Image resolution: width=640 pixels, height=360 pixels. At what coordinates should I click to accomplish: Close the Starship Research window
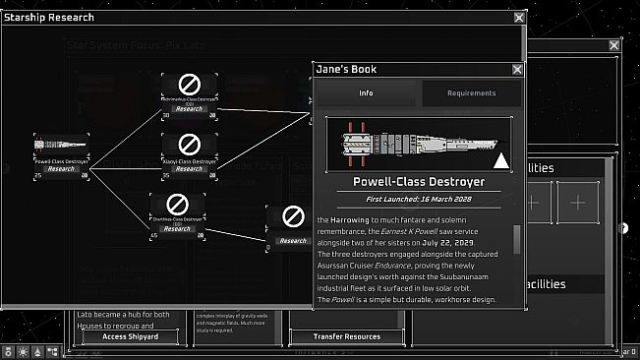pos(519,17)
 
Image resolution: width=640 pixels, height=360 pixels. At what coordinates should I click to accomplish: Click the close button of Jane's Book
pos(517,70)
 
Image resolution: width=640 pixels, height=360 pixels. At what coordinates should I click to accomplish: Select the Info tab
pos(366,93)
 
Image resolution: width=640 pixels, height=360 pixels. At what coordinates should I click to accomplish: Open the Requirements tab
pos(471,93)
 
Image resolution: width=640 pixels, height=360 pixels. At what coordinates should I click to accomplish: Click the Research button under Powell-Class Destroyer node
pos(62,168)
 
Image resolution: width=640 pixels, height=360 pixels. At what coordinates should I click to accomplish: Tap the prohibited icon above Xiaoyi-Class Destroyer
pos(191,145)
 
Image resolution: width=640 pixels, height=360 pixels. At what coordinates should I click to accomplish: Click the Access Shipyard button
pos(117,336)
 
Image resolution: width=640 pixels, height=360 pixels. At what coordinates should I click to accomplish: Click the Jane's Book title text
pos(346,70)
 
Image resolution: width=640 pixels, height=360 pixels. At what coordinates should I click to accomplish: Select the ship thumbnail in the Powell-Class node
pos(61,144)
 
